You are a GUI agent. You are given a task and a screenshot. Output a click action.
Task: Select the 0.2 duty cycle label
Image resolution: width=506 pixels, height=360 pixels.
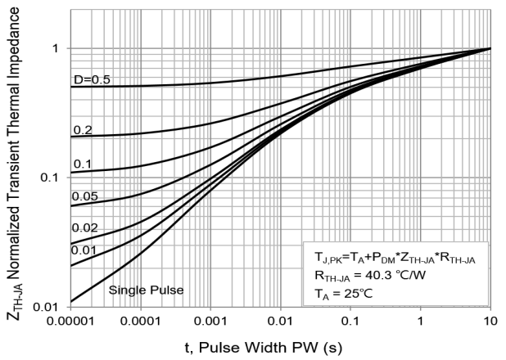[83, 129]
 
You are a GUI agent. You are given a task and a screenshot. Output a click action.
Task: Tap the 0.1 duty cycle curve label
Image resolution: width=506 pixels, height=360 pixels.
[83, 164]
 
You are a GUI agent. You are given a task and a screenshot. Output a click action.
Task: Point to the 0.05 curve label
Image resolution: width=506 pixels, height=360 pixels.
[85, 196]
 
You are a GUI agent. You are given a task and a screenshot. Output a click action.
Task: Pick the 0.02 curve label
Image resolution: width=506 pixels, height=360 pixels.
[85, 227]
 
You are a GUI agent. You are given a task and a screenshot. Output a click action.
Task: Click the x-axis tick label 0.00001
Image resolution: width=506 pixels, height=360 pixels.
[70, 322]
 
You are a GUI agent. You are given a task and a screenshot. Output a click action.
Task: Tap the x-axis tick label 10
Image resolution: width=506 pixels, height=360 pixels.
[490, 322]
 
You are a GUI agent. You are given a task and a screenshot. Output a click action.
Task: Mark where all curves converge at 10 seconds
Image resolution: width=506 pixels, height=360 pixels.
[490, 48]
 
